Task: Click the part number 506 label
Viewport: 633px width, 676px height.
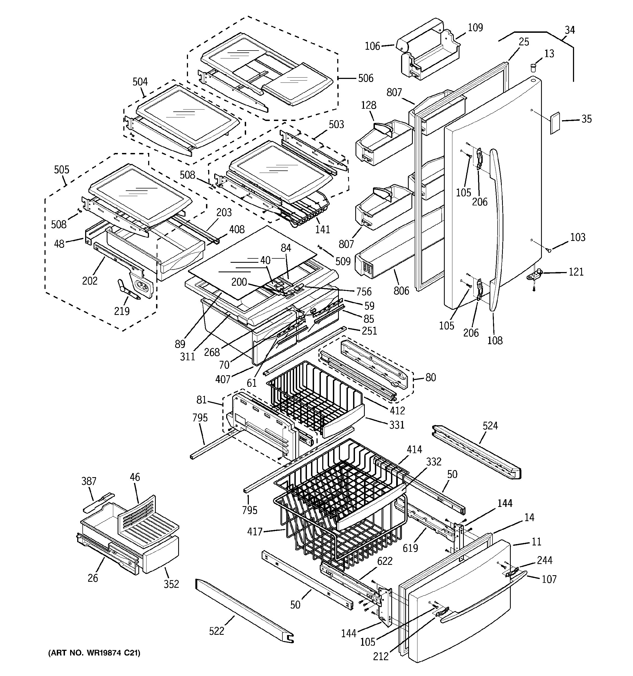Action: tap(366, 79)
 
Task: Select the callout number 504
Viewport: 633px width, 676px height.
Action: tap(140, 82)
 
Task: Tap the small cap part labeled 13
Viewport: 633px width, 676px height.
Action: tap(533, 67)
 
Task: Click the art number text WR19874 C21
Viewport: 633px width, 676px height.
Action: tap(94, 653)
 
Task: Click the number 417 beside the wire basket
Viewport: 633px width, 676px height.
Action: tap(255, 532)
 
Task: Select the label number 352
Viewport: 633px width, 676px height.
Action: tap(171, 584)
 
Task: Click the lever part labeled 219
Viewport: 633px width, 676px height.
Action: tap(128, 290)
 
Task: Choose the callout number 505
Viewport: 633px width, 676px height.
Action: tap(61, 170)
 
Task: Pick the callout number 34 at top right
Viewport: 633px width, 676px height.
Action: tap(569, 30)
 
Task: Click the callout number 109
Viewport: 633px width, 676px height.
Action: tap(475, 28)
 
